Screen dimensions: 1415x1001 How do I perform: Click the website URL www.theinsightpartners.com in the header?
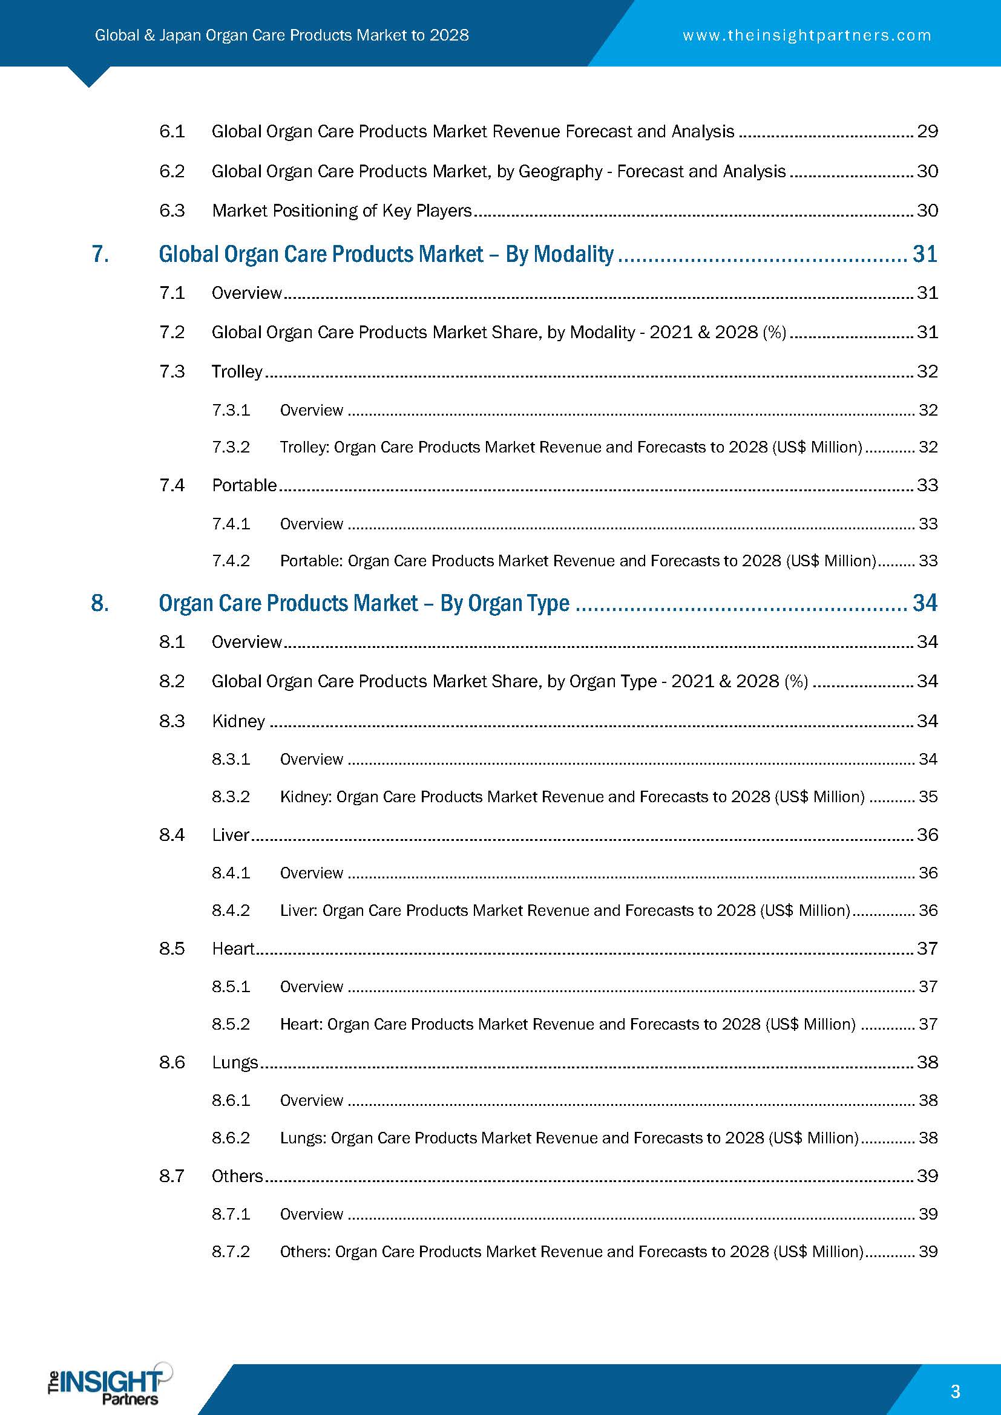807,36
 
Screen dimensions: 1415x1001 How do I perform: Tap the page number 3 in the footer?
956,1391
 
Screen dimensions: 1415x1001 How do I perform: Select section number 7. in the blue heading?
100,254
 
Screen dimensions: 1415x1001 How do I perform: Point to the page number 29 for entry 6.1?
927,131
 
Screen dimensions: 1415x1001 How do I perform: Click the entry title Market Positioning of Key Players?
341,211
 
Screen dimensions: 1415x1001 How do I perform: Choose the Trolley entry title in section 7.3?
237,371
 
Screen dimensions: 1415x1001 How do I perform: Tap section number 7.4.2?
231,561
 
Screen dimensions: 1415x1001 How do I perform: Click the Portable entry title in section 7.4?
244,485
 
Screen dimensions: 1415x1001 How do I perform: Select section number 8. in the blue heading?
100,603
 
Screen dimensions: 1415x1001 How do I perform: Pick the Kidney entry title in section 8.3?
238,721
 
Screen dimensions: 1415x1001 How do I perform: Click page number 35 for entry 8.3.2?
928,797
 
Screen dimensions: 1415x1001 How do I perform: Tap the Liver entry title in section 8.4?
231,834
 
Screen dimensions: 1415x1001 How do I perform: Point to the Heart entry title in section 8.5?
233,949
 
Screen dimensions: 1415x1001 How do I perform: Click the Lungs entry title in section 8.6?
235,1062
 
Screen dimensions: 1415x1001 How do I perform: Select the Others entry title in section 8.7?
237,1176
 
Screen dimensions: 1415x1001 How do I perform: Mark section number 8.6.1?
231,1100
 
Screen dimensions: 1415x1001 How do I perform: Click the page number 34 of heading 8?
925,603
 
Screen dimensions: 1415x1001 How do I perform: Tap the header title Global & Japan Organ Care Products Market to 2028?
281,35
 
